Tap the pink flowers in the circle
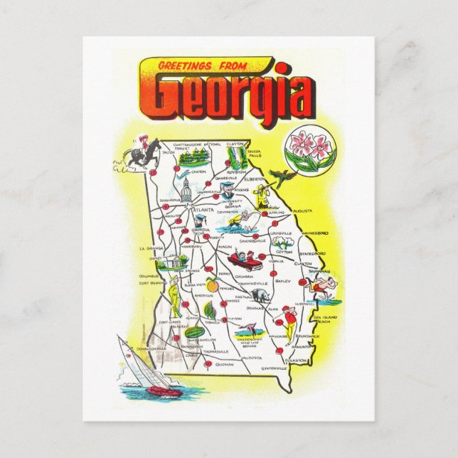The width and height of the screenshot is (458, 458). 303,150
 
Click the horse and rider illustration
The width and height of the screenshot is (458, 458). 144,154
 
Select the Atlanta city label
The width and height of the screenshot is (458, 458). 207,211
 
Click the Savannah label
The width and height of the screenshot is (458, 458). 319,272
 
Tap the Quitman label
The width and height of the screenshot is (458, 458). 223,363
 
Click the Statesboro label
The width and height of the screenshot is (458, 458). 311,253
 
